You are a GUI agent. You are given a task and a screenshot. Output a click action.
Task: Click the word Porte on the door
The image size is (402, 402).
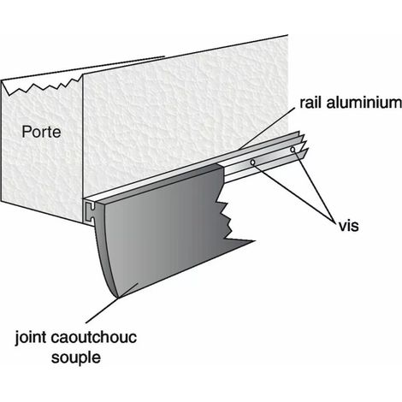[41, 132]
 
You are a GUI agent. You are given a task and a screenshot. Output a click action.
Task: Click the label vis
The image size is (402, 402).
[348, 226]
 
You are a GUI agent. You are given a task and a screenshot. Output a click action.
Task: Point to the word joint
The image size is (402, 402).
[31, 338]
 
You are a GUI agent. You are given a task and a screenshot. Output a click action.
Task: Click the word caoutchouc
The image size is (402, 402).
[94, 337]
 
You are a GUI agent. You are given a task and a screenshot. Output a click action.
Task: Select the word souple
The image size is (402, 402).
[76, 358]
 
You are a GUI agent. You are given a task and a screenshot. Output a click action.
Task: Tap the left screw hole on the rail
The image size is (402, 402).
[252, 163]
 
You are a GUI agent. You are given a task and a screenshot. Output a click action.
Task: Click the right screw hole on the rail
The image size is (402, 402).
[293, 149]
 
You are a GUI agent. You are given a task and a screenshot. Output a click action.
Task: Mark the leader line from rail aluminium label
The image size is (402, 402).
[267, 129]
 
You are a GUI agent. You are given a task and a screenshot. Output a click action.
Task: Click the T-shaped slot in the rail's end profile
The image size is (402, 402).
[91, 211]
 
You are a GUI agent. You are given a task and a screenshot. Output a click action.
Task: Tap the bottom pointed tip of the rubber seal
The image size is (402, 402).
[117, 298]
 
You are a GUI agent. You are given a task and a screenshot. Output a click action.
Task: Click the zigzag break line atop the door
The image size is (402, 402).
[42, 86]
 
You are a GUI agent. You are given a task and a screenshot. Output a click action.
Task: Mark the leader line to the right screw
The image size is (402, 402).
[314, 186]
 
